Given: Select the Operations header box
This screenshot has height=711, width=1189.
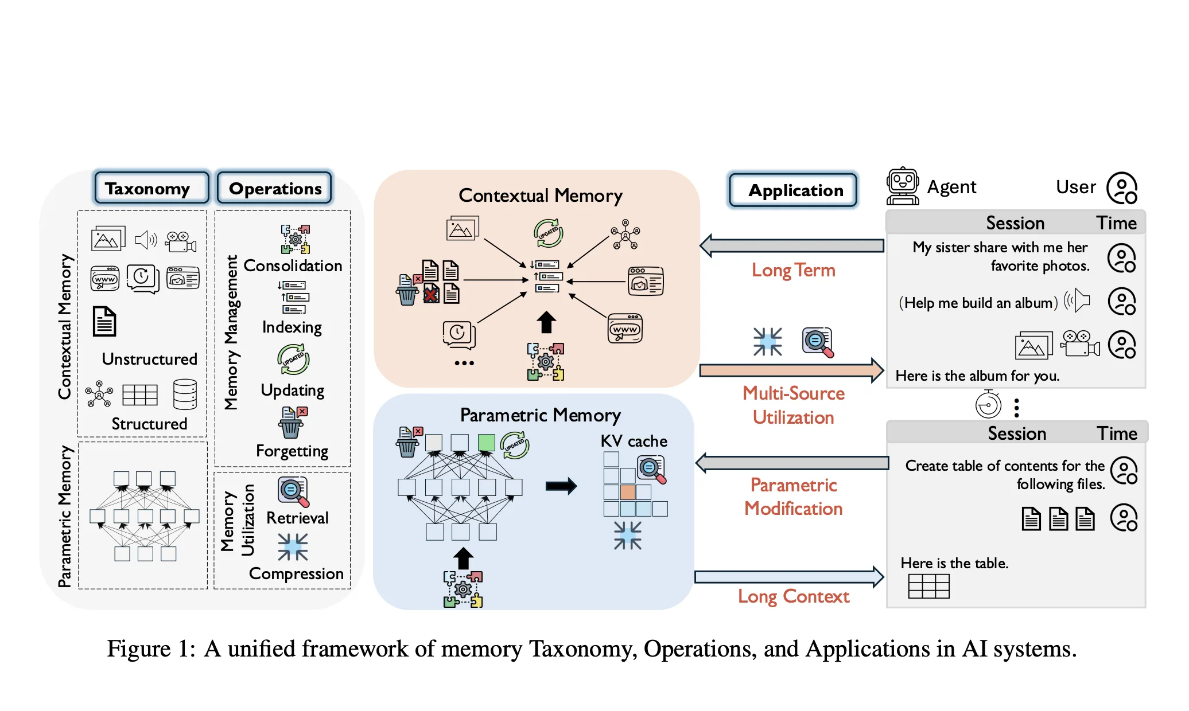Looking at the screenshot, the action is point(274,188).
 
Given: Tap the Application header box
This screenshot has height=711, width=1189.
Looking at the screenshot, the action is point(793,190).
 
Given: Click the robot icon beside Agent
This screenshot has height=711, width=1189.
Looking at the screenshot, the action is point(903,186).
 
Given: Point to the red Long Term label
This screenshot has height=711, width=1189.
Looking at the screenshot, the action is point(793,270).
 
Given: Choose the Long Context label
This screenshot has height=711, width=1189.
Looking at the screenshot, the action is point(793,597).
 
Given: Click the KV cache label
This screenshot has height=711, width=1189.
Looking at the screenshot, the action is point(634,441).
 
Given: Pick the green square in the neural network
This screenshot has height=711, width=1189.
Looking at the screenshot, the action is point(486,442).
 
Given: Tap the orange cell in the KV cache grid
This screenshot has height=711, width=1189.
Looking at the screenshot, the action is point(627,492).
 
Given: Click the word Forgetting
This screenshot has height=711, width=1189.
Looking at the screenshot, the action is point(292,451).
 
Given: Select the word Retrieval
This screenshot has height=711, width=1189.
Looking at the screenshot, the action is point(297,518).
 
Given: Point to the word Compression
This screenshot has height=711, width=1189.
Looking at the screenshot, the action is point(296,574).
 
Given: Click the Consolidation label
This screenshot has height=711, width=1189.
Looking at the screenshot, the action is point(293,265).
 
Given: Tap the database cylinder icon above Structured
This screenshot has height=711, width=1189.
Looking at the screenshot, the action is point(185,394).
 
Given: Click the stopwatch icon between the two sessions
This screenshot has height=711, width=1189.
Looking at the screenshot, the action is point(988,404).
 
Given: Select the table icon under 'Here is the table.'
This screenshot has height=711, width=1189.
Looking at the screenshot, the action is point(928,587).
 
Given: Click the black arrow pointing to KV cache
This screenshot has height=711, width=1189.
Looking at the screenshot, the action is point(561,486).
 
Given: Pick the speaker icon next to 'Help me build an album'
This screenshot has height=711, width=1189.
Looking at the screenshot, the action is point(1077,300).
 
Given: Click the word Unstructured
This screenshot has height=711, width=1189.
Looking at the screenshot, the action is point(149,359).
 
